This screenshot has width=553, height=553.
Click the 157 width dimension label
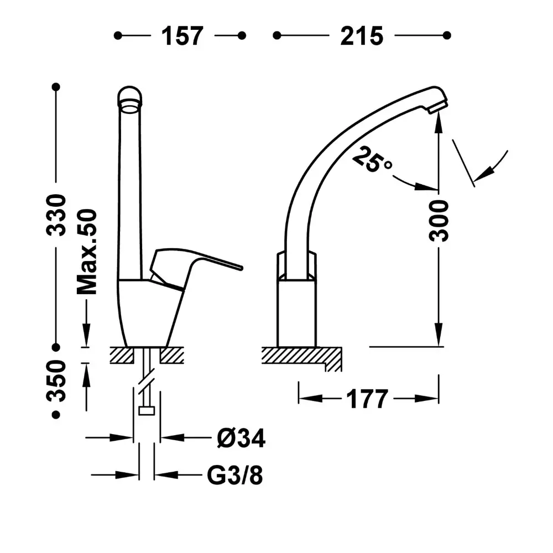click(x=182, y=36)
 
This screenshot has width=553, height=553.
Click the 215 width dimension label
click(x=362, y=36)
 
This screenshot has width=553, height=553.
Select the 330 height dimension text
click(x=56, y=215)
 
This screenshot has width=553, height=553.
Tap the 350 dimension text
click(x=56, y=381)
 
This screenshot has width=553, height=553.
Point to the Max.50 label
click(x=87, y=252)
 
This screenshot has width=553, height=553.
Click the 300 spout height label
click(x=439, y=221)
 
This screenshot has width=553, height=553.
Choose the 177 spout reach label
click(x=367, y=399)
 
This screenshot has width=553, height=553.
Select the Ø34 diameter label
click(x=241, y=439)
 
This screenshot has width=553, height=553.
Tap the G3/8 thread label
click(x=235, y=476)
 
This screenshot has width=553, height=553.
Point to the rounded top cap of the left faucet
click(x=130, y=96)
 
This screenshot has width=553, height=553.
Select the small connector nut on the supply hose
click(x=147, y=411)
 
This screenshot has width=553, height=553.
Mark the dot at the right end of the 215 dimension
click(x=447, y=35)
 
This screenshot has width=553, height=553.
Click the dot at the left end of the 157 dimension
click(x=118, y=35)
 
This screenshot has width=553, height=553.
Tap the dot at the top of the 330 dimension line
click(x=56, y=87)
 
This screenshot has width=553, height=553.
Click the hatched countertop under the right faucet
click(x=301, y=356)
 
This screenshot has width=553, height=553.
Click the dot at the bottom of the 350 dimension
click(x=56, y=415)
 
